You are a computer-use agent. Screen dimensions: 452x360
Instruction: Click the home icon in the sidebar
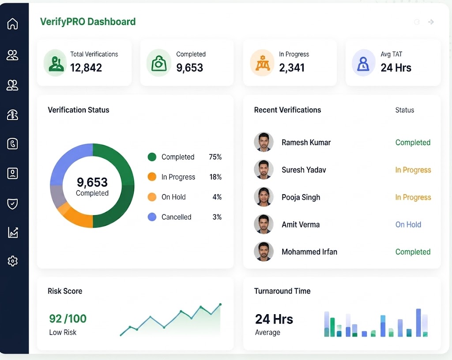point(12,24)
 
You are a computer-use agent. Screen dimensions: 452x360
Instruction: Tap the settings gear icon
point(12,261)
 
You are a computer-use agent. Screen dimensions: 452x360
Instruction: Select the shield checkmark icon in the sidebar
point(12,204)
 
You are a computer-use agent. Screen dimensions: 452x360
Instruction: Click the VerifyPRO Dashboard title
point(88,22)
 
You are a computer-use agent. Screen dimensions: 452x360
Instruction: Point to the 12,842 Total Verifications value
point(86,67)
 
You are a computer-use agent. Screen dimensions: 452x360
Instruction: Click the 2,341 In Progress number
point(292,67)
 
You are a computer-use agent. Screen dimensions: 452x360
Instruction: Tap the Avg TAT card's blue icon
point(363,63)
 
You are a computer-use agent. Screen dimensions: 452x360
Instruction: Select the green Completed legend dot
point(152,157)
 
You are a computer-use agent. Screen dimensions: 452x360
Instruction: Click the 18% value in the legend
point(215,177)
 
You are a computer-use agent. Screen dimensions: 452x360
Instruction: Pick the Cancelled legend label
point(176,217)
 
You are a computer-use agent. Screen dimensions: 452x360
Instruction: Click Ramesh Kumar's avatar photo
point(264,142)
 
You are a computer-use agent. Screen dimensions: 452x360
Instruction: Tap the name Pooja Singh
point(301,197)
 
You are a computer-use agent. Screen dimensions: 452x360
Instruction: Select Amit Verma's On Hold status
point(408,225)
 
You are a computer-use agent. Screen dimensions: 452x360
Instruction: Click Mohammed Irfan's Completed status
point(413,252)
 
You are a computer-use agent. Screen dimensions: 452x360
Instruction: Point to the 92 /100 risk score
point(68,319)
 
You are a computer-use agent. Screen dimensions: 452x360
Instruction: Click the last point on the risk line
point(220,304)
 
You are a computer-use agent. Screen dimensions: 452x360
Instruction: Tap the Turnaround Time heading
point(282,291)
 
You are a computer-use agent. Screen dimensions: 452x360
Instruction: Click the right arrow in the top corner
point(431,22)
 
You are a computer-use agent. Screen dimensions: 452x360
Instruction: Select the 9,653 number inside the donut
point(92,182)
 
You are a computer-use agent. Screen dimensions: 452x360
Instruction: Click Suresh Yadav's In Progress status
point(413,170)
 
